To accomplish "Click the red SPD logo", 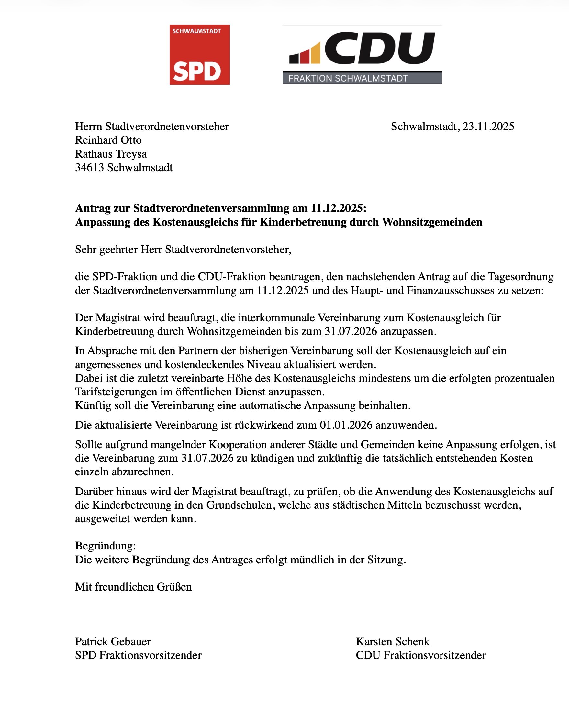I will (x=199, y=55).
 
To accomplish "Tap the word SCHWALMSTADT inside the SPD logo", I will (x=196, y=31).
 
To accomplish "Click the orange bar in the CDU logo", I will (x=315, y=53).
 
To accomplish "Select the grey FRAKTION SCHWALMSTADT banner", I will (x=362, y=78).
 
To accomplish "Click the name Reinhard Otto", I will (x=108, y=140).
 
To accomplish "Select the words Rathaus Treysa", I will (x=111, y=154).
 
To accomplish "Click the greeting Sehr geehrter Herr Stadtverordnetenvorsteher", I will (x=183, y=250).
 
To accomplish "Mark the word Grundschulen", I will (x=240, y=505).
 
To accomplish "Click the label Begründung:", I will (x=105, y=546).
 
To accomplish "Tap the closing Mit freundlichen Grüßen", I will (x=133, y=587).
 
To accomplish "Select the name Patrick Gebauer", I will (x=113, y=641).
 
